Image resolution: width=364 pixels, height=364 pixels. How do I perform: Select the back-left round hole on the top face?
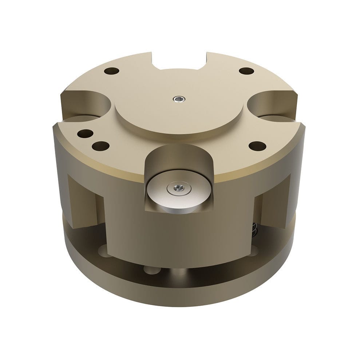(x=111, y=71)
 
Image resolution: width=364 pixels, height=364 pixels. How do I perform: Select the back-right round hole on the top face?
(x=246, y=71)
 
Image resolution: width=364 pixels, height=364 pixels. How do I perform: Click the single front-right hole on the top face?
(x=257, y=146)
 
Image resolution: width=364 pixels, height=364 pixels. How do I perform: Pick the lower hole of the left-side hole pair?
(x=100, y=146)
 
